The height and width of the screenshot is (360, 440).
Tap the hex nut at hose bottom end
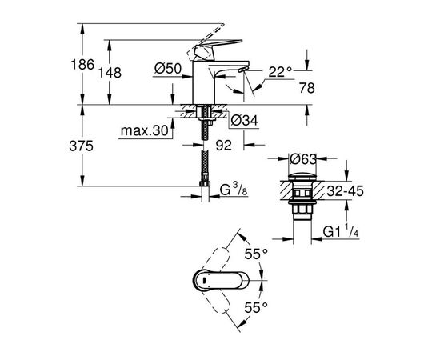tap(206, 191)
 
